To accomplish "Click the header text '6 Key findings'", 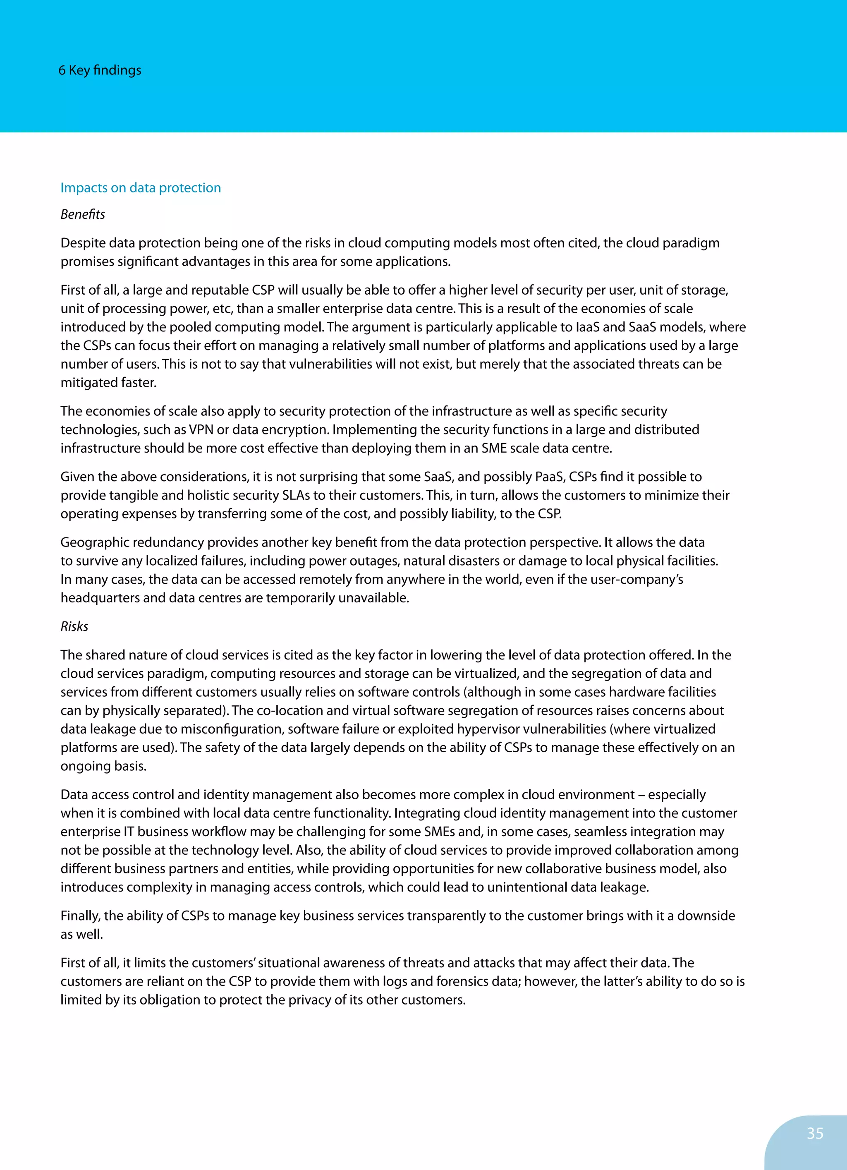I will [x=100, y=70].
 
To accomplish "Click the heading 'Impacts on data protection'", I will [x=140, y=188].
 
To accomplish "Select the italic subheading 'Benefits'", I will [x=83, y=215].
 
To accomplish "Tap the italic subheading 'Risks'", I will [x=74, y=626].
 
